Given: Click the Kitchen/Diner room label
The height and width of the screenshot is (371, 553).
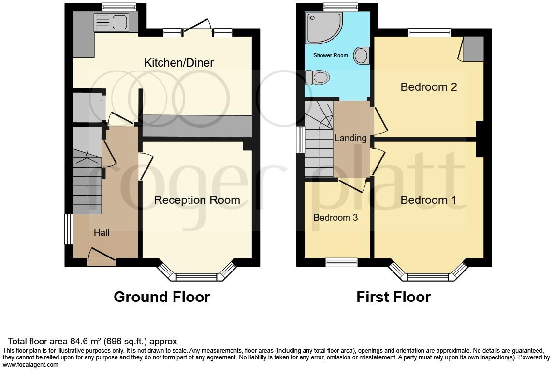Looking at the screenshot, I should pos(179,63).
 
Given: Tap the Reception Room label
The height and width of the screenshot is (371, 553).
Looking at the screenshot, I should pos(197,200).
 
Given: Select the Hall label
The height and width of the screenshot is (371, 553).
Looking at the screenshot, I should pos(102,233).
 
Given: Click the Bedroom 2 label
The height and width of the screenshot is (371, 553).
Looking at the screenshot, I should pos(429,87).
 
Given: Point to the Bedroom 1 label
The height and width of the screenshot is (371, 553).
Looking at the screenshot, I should pos(429,200).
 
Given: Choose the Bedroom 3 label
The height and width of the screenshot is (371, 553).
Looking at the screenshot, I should pos(335,218).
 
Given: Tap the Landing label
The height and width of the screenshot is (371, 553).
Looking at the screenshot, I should pos(350,138).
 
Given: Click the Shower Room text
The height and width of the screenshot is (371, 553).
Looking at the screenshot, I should pos(331,55).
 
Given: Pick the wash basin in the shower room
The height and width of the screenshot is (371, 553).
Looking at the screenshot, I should pos(362,56).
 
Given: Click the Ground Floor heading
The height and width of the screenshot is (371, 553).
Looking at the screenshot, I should pos(161,297).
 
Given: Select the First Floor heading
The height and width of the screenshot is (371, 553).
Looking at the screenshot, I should pos(393,297).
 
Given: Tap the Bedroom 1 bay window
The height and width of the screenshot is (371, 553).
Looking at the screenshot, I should pos(428,276).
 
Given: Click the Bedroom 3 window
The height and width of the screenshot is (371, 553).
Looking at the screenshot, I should pos(341,262).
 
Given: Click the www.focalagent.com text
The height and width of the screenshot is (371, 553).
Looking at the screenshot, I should pos(31,365).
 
